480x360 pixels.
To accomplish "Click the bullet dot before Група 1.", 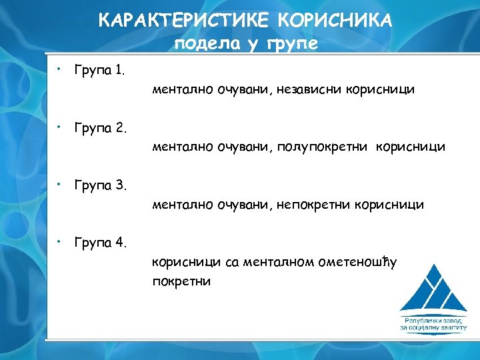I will (59, 67).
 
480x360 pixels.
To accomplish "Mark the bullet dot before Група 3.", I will (59, 182).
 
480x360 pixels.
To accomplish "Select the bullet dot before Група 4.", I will (59, 240).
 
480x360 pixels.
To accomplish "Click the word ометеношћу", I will (354, 263).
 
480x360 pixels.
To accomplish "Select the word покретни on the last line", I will (181, 281).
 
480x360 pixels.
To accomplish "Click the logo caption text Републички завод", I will (433, 320).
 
